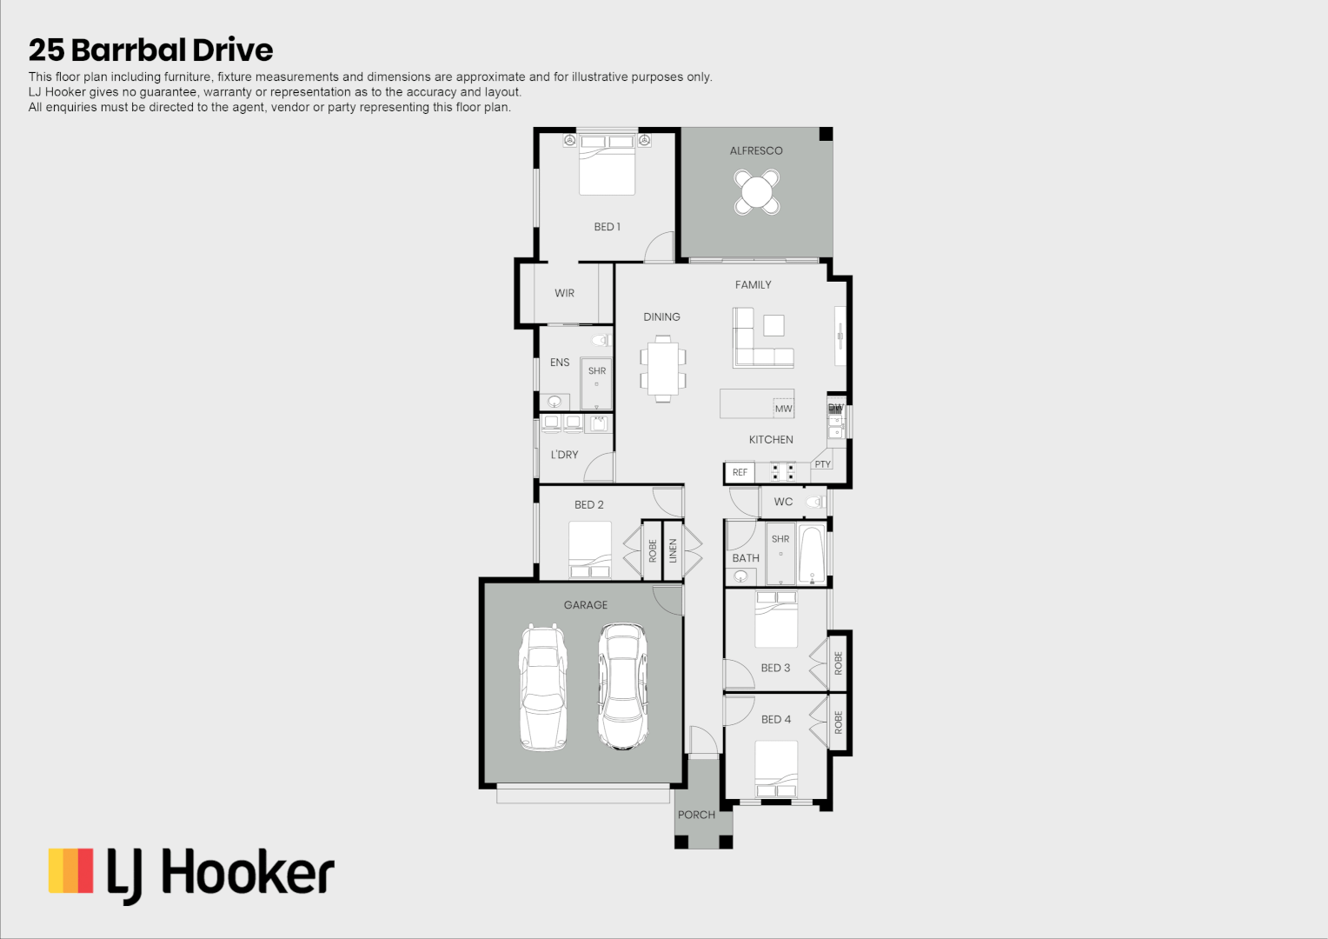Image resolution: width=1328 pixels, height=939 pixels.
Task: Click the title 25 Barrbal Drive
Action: (150, 50)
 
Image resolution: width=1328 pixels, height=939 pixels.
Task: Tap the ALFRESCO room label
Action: (756, 150)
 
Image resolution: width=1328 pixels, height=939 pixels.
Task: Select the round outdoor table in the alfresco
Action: (756, 191)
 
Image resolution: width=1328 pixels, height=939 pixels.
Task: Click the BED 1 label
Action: (607, 227)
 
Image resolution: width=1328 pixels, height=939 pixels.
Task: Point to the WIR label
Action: (564, 293)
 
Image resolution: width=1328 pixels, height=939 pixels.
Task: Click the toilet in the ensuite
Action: (601, 340)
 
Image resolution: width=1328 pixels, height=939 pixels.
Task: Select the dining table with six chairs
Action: (663, 370)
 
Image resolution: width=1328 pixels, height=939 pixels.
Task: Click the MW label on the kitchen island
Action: (783, 409)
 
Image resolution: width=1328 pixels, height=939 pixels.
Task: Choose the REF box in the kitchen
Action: (740, 472)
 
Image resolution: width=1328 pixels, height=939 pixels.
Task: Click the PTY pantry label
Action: (822, 464)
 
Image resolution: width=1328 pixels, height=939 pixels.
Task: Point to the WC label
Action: (783, 502)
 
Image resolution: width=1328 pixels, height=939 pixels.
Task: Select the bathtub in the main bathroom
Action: (812, 555)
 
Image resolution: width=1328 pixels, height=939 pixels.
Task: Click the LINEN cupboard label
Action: (673, 550)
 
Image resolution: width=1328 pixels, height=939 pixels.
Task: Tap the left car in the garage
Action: (542, 687)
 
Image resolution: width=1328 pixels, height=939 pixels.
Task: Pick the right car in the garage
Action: (622, 687)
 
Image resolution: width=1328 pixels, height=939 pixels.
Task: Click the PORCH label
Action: (696, 815)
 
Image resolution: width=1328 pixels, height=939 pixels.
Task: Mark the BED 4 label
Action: (775, 719)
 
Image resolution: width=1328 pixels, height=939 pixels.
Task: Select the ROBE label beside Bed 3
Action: (839, 663)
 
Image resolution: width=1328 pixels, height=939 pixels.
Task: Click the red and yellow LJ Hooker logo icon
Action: (71, 871)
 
